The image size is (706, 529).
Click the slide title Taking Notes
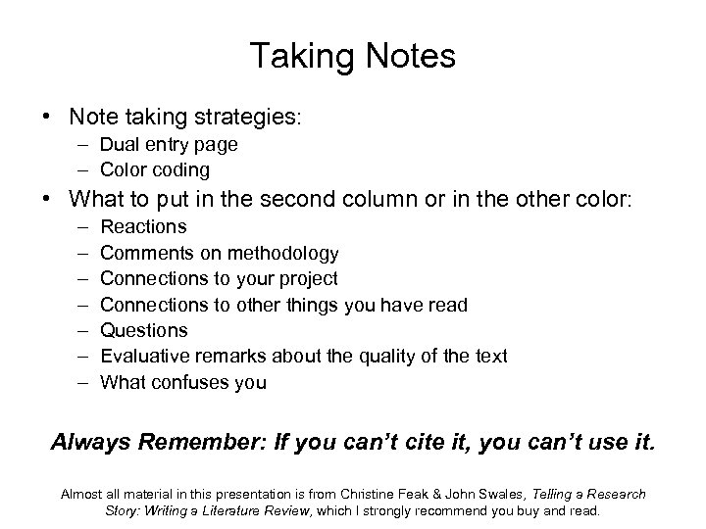pyautogui.click(x=352, y=56)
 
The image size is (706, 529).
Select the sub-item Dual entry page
pyautogui.click(x=169, y=145)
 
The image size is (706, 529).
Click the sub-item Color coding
pyautogui.click(x=155, y=169)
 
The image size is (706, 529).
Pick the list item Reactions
pyautogui.click(x=143, y=227)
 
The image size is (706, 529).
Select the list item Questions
pyautogui.click(x=144, y=330)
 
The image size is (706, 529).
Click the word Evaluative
pyautogui.click(x=141, y=356)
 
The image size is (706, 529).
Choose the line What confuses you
pyautogui.click(x=182, y=382)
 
